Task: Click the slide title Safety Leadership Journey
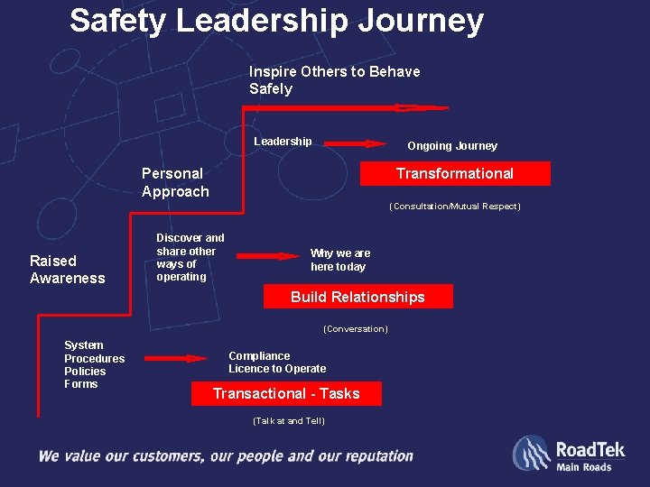pyautogui.click(x=276, y=21)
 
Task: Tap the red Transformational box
pyautogui.click(x=455, y=173)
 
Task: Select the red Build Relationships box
pyautogui.click(x=357, y=297)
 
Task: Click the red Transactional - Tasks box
pyautogui.click(x=286, y=393)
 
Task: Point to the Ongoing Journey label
pyautogui.click(x=452, y=146)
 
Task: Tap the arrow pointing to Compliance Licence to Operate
pyautogui.click(x=176, y=358)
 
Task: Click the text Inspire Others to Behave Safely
pyautogui.click(x=334, y=79)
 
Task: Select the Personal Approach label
pyautogui.click(x=175, y=182)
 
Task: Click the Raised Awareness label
pyautogui.click(x=67, y=270)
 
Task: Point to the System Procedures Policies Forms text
pyautogui.click(x=94, y=364)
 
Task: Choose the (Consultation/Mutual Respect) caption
pyautogui.click(x=454, y=207)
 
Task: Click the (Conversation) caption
pyautogui.click(x=355, y=329)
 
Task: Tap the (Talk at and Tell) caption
pyautogui.click(x=288, y=421)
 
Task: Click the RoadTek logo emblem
pyautogui.click(x=531, y=453)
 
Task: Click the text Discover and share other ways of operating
pyautogui.click(x=190, y=257)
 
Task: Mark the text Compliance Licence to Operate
pyautogui.click(x=277, y=363)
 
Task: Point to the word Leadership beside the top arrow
pyautogui.click(x=283, y=142)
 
